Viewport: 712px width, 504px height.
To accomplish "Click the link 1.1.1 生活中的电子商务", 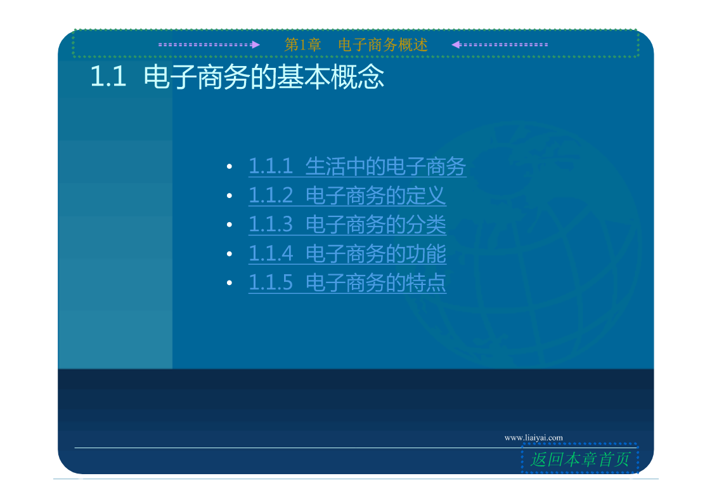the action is pos(358,166).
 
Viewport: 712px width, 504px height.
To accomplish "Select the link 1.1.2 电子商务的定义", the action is pos(347,196).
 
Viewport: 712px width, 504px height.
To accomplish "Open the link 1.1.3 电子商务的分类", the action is pos(347,225).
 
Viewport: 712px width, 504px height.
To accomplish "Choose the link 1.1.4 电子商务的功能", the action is pos(347,254).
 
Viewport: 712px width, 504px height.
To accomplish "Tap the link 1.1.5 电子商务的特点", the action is pos(347,282).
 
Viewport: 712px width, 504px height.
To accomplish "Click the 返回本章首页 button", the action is pos(580,459).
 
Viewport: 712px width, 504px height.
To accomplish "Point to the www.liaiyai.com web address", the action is pos(534,437).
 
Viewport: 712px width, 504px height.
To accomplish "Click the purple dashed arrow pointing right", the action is pos(209,44).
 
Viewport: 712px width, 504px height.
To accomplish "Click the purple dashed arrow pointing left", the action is pos(500,44).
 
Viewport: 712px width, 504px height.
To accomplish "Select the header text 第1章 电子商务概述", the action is pos(356,44).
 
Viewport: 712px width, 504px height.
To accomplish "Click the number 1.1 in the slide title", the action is pos(108,76).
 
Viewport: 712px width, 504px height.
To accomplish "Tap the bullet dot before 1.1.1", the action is pos(230,167).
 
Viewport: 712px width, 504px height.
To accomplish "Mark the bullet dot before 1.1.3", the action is pos(230,225).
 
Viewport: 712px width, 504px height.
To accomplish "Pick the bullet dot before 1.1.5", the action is pos(230,283).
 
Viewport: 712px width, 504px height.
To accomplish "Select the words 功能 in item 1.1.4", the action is pos(426,254).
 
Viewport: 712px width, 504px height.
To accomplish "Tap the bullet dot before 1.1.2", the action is pos(230,196).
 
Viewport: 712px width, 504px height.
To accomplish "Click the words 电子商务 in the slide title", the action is pos(196,76).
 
